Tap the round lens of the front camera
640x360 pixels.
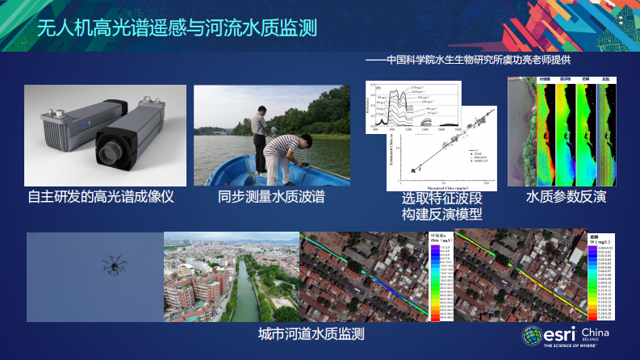[111, 151]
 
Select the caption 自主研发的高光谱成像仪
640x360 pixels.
[100, 197]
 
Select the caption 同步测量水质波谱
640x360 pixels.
[271, 197]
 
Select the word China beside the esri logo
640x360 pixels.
[596, 333]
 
